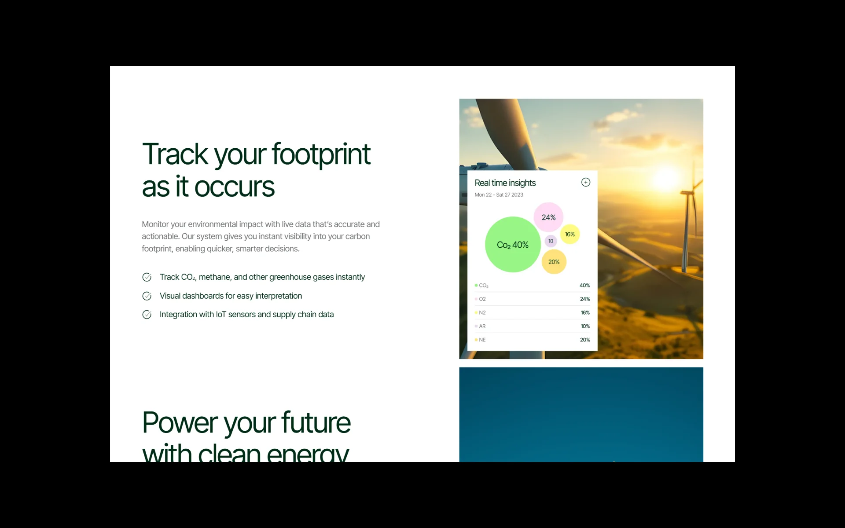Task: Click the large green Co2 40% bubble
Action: pos(513,244)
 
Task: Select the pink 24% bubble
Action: pos(548,217)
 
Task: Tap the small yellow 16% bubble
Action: pos(570,234)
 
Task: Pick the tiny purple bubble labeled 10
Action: pos(551,241)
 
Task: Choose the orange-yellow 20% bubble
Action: pos(554,262)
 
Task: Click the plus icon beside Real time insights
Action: pos(586,182)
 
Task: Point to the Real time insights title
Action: pos(505,183)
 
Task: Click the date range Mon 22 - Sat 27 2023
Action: pos(499,194)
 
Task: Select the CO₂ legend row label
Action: pos(484,286)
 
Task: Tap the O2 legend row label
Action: pos(482,299)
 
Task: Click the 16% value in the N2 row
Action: pos(585,313)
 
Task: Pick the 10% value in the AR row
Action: pos(585,326)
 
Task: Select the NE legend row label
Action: pos(482,340)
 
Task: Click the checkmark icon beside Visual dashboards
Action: pos(147,296)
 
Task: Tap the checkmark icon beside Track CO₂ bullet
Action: pos(147,277)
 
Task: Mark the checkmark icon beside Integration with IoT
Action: pos(147,315)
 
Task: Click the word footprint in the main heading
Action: pos(321,155)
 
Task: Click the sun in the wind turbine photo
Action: pos(667,177)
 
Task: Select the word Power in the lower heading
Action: pos(180,422)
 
